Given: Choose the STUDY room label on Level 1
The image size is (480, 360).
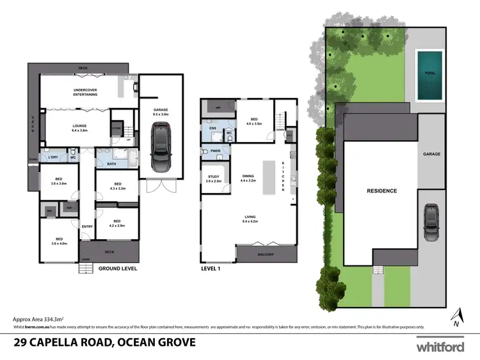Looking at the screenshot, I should (213, 178).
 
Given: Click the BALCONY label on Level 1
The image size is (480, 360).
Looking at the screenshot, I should (266, 255).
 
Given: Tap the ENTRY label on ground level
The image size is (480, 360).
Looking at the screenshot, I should (88, 226).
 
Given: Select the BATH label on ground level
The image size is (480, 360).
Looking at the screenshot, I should (111, 164).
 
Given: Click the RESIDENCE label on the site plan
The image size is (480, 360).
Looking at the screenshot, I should (381, 191).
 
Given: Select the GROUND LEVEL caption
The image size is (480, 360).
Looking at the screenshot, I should (118, 269).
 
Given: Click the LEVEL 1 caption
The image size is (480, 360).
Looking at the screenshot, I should (211, 269).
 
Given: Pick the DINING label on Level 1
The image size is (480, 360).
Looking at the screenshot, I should (248, 178).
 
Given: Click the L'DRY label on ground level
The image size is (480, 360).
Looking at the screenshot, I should (53, 157).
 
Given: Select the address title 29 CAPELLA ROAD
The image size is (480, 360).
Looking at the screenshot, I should (104, 343).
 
